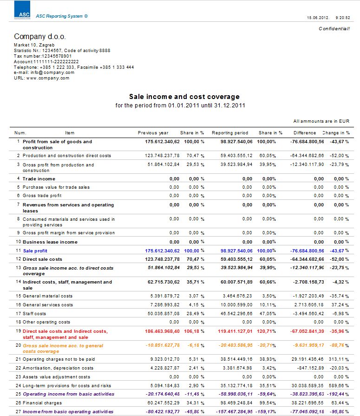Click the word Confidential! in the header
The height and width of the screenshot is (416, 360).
pos(334,29)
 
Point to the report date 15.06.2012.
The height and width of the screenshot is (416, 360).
pos(318,17)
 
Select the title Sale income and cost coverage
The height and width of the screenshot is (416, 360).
pos(184,97)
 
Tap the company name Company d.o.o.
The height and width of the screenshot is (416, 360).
pos(40,36)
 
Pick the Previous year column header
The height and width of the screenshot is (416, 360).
pos(153,133)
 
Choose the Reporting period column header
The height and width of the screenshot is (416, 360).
pos(230,133)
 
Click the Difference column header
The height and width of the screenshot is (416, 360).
pos(305,133)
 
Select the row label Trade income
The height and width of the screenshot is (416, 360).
pos(39,178)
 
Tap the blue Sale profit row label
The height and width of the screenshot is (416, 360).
pos(35,251)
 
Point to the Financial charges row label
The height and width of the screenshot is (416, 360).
pos(41,403)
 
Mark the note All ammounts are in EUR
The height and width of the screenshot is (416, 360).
pos(321,121)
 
